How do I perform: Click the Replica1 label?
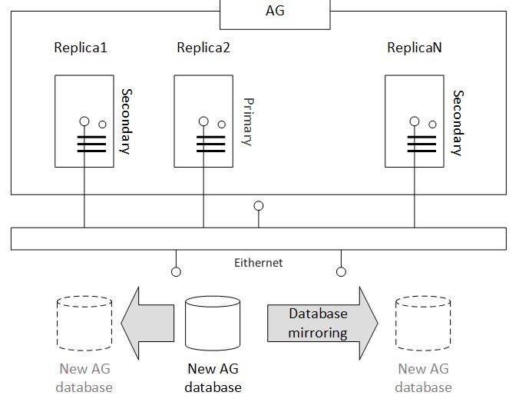coord(81,48)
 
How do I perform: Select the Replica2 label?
coord(203,48)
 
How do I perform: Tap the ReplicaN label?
coord(415,48)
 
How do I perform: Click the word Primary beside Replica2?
coord(247,121)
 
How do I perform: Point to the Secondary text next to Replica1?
coord(125,121)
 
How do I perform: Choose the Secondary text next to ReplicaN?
coord(458,123)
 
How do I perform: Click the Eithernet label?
coord(259,263)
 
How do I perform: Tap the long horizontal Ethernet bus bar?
coord(259,238)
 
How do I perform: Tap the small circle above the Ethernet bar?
coord(259,206)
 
